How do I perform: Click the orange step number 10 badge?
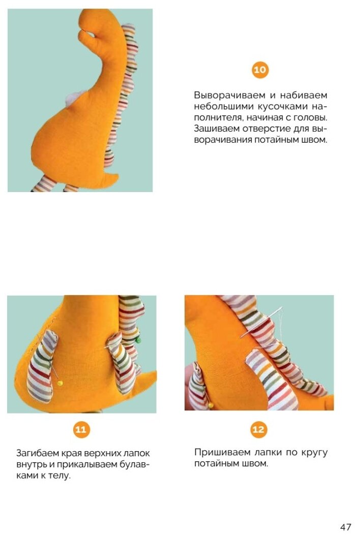[x=260, y=70]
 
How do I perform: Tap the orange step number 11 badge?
[x=81, y=430]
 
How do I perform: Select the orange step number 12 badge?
[x=259, y=430]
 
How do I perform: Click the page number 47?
[x=346, y=527]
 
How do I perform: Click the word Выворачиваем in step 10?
[x=229, y=95]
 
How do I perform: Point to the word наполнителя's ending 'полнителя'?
[x=215, y=117]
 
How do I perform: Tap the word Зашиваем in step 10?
[x=217, y=129]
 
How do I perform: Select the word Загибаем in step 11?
[x=38, y=454]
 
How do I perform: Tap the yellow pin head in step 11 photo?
[x=60, y=383]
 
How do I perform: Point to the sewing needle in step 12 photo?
[x=261, y=322]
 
